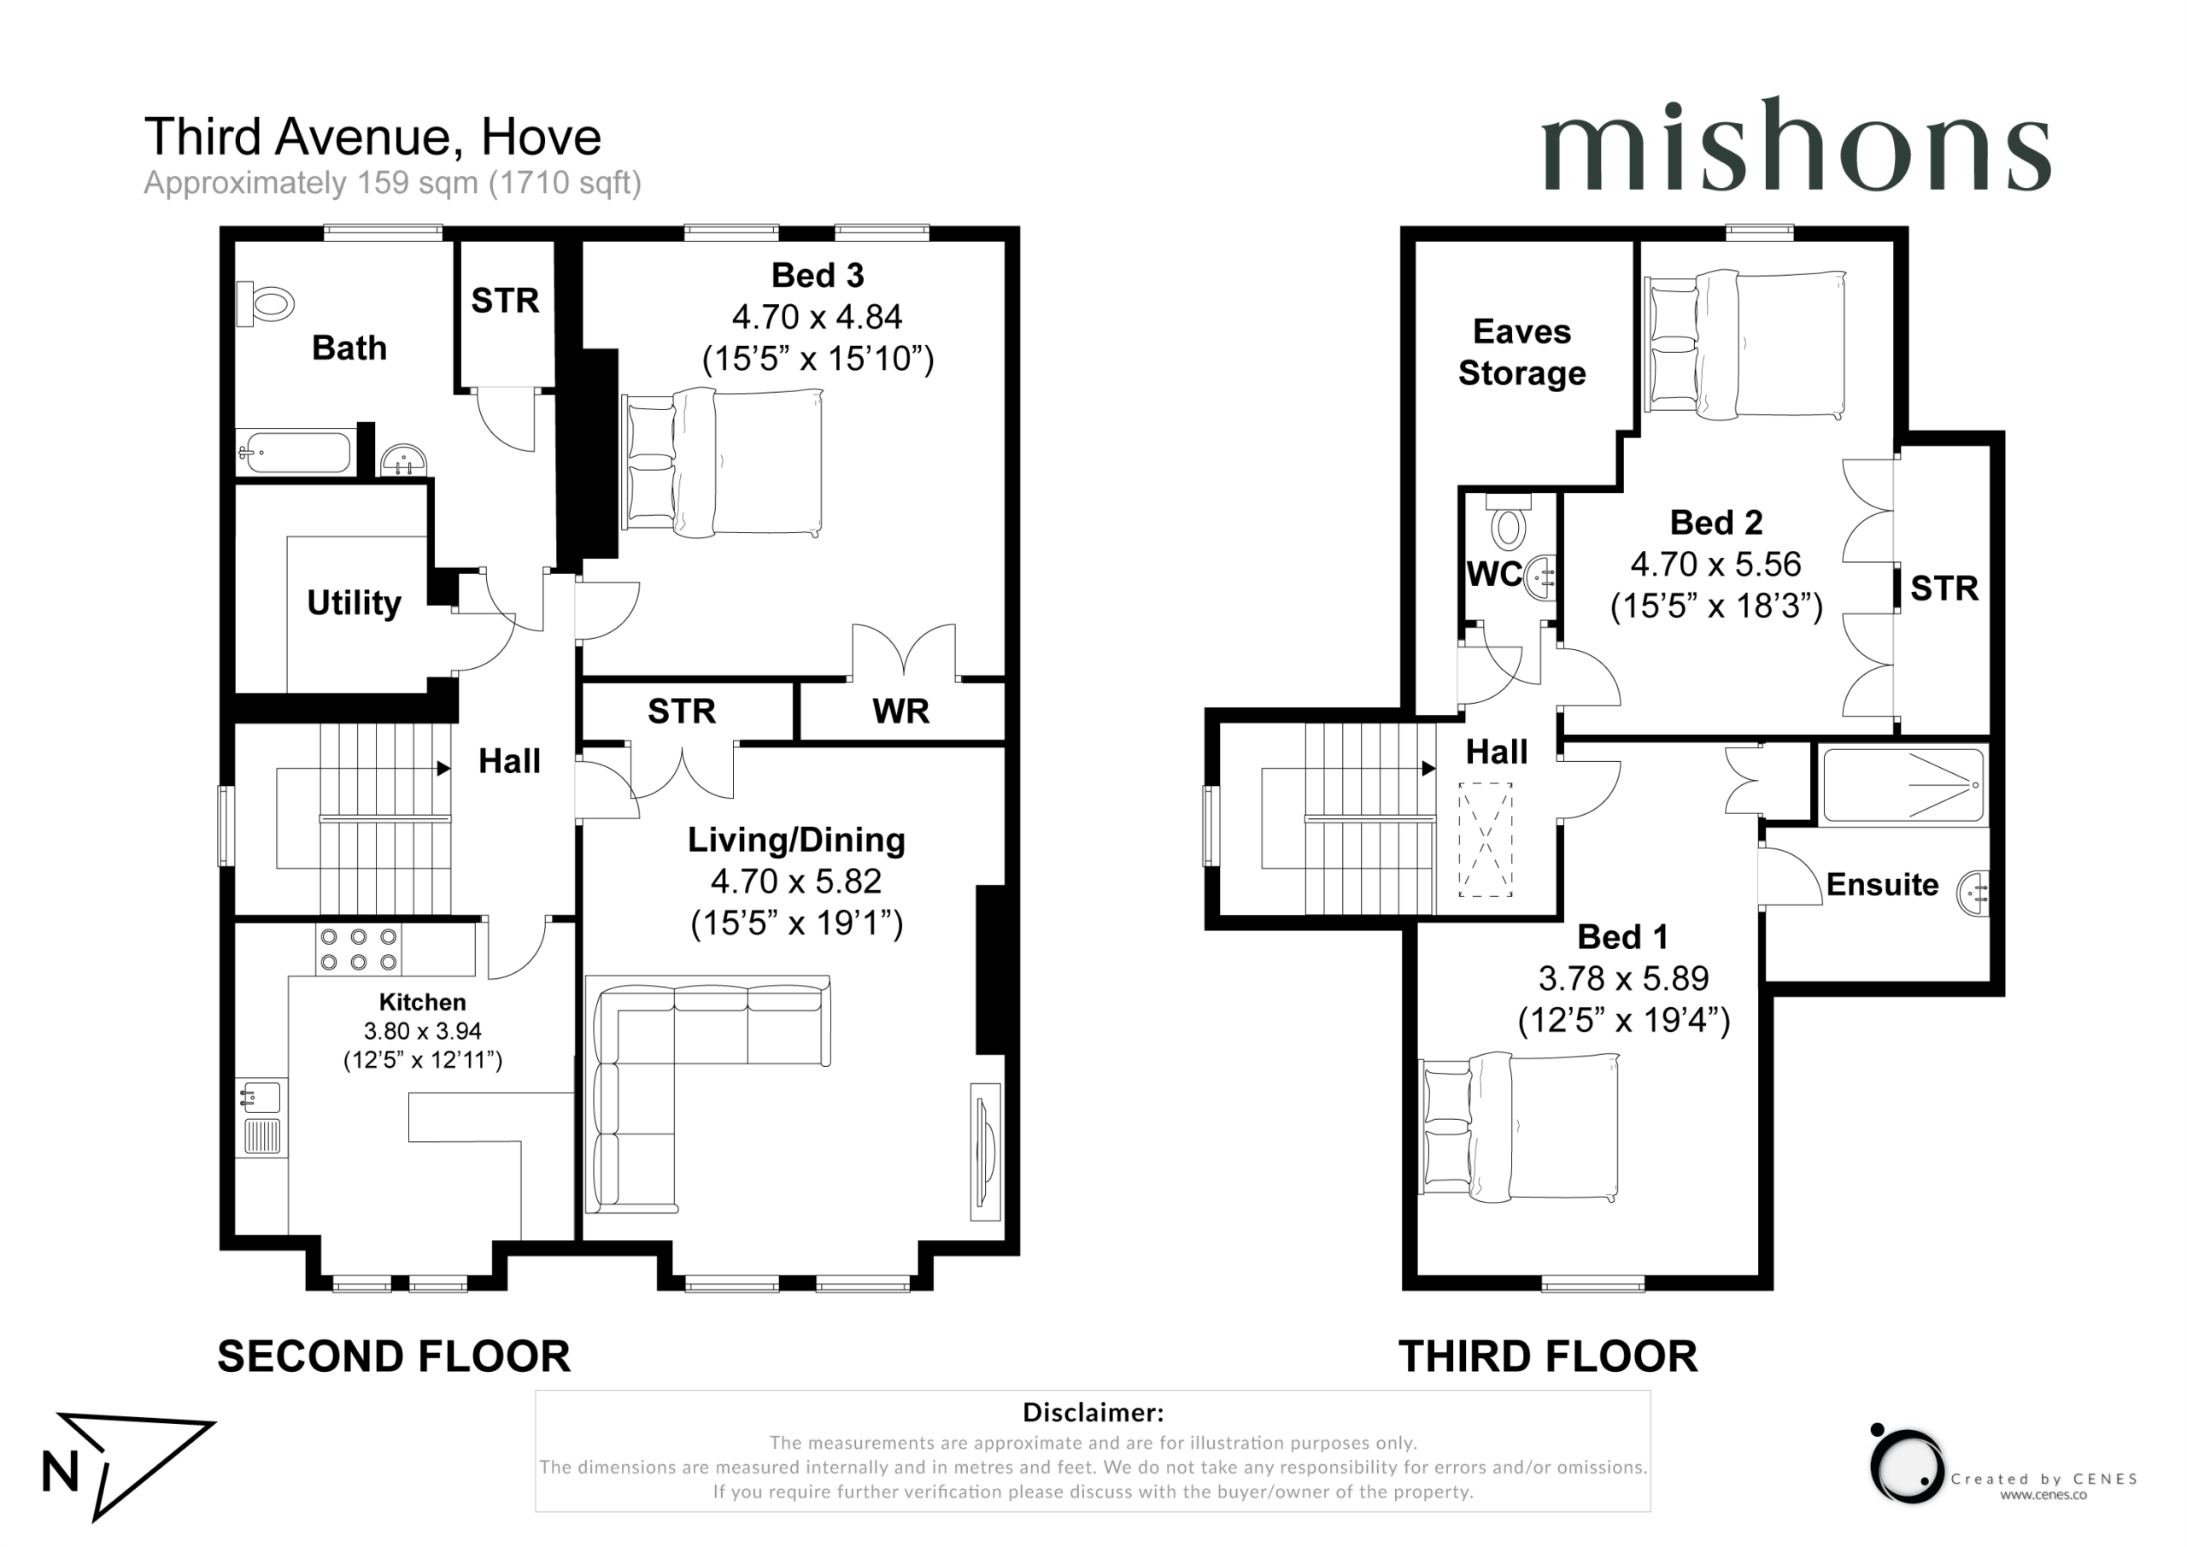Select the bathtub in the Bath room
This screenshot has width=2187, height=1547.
pos(295,452)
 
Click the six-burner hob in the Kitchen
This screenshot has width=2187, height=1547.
pos(358,949)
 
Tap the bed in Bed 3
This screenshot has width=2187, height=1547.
pos(722,462)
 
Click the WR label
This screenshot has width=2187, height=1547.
pos(900,712)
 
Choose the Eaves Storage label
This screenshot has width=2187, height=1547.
pos(1522,353)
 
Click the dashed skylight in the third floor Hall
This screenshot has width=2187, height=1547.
pos(1485,839)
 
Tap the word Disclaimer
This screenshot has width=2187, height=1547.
pos(1093,1412)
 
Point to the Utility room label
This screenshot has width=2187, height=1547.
pos(355,603)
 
